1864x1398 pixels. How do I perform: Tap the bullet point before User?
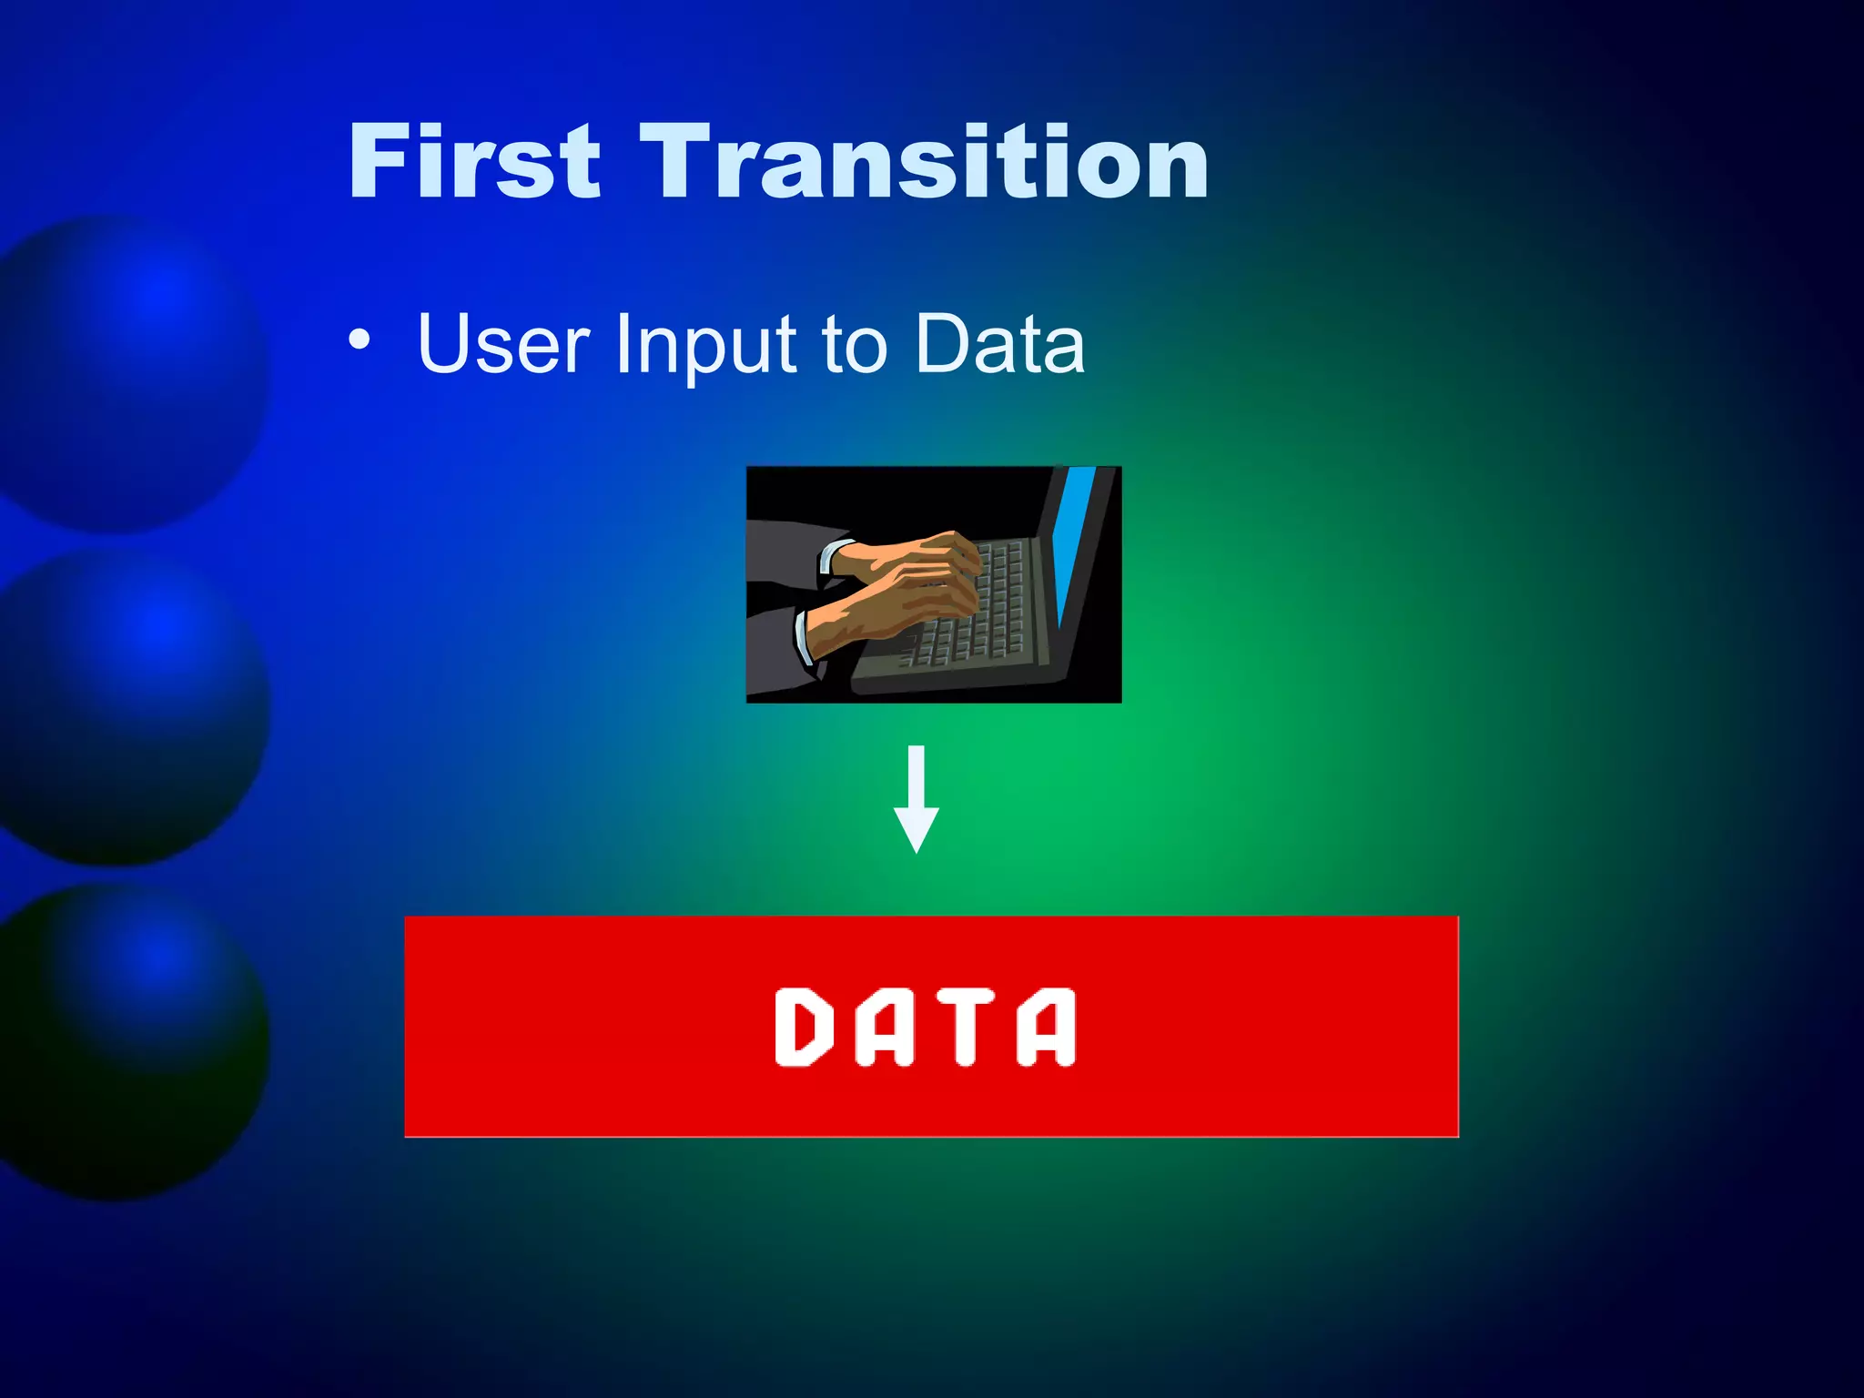click(360, 340)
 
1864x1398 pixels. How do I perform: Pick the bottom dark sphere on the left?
click(127, 1038)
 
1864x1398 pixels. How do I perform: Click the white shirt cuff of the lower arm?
click(803, 637)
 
